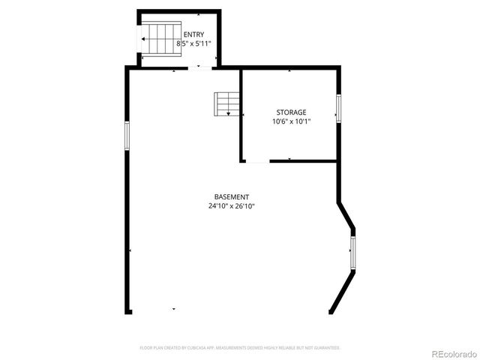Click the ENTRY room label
click(193, 34)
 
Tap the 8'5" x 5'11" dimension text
click(193, 44)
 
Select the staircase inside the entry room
click(161, 39)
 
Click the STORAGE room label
click(290, 112)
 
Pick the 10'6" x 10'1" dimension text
click(290, 122)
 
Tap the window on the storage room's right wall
click(338, 108)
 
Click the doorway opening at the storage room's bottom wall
click(256, 160)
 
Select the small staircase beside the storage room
click(226, 103)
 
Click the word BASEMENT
click(232, 196)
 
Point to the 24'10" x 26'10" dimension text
click(232, 206)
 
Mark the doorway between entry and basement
click(199, 68)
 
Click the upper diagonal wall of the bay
click(346, 215)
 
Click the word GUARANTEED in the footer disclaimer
click(327, 348)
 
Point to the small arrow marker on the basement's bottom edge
click(174, 309)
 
